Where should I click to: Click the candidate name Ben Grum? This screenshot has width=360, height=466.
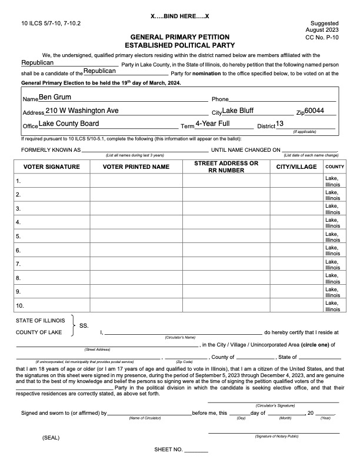pos(54,97)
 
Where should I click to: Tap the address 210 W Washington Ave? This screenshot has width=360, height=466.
pos(82,111)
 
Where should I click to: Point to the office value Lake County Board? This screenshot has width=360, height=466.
pos(69,124)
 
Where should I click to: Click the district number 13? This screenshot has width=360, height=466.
pos(280,124)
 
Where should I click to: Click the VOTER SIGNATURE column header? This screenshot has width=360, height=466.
pos(52,167)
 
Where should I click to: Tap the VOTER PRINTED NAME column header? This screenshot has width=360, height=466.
pos(136,167)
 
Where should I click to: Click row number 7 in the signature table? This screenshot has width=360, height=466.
pos(19,264)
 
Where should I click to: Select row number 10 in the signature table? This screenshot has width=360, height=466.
pos(20,306)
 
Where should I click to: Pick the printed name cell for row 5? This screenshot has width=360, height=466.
pos(136,237)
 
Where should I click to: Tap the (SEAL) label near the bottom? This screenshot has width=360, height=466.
pos(51,438)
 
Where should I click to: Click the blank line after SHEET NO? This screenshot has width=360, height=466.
pos(196,450)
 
